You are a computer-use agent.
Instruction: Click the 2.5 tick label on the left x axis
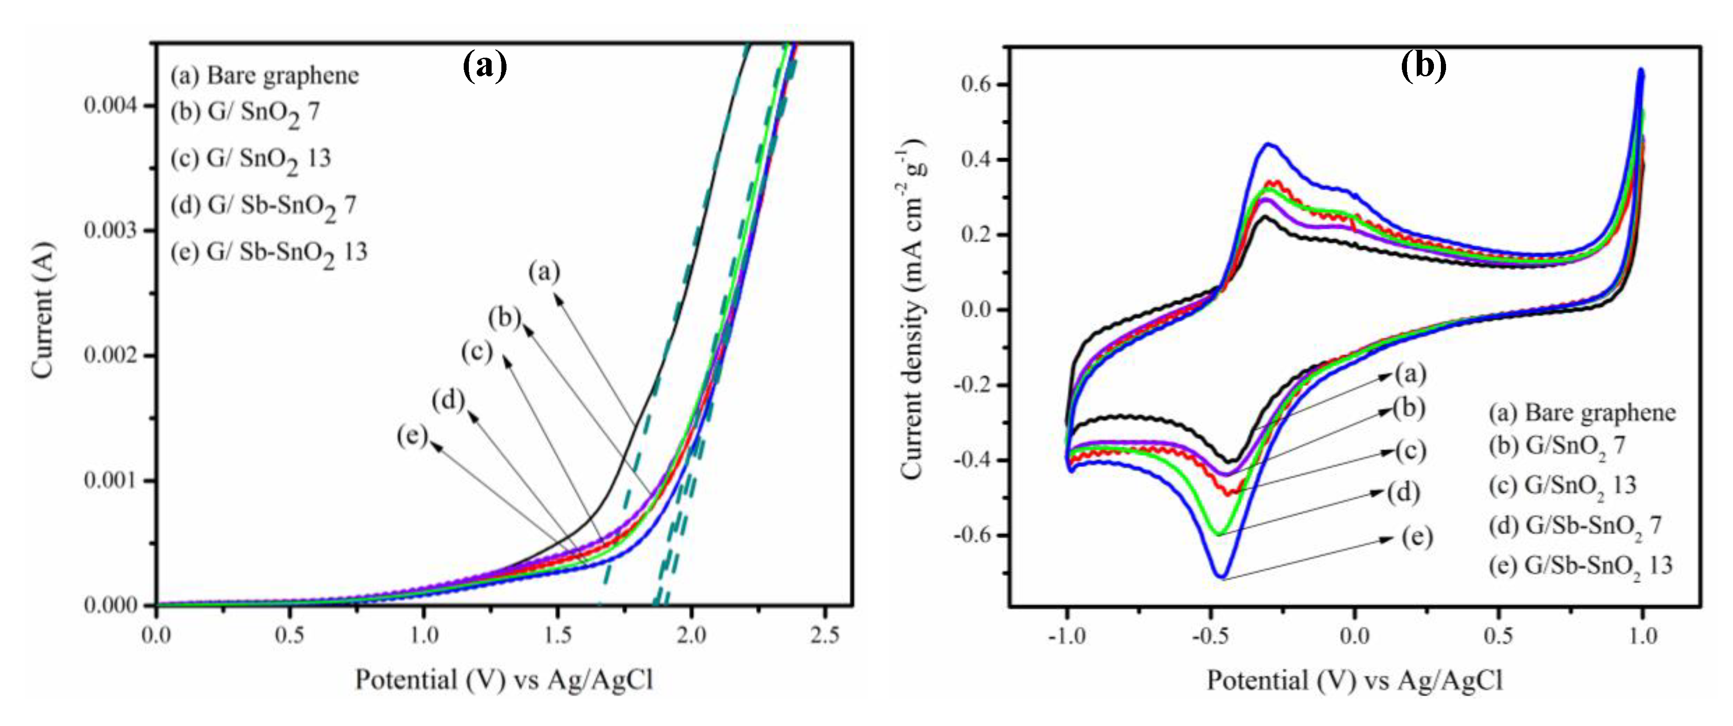coord(825,635)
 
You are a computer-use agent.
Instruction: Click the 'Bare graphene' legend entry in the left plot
coord(264,75)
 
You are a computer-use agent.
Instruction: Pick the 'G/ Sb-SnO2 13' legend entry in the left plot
coord(269,253)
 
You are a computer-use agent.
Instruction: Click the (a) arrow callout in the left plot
coord(544,272)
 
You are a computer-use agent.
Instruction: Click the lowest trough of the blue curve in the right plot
coord(1221,577)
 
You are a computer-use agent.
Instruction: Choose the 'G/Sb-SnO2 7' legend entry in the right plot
coord(1574,525)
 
